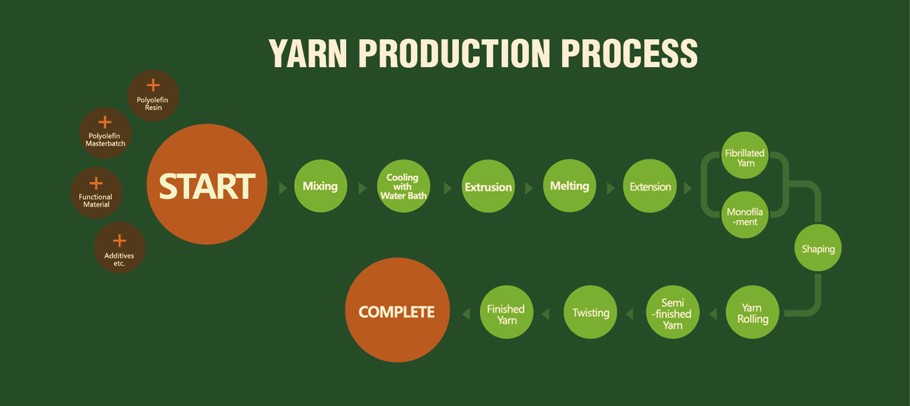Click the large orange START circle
(x=207, y=184)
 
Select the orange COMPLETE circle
(x=397, y=310)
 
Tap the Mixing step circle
(x=320, y=186)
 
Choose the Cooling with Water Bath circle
(x=403, y=186)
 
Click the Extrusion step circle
(x=488, y=186)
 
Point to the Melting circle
(x=569, y=185)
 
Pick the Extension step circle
(x=650, y=186)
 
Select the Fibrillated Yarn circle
(x=745, y=156)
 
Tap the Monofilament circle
(x=745, y=215)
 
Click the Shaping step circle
(x=818, y=248)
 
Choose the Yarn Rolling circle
(x=752, y=312)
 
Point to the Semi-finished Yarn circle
(x=672, y=312)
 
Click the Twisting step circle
(x=590, y=312)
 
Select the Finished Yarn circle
(x=506, y=312)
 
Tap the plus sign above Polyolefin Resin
(x=153, y=85)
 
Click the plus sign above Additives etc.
(x=119, y=241)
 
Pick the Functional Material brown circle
(x=96, y=193)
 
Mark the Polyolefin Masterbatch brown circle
(x=105, y=133)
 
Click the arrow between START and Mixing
(x=283, y=188)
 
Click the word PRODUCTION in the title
(x=454, y=54)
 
